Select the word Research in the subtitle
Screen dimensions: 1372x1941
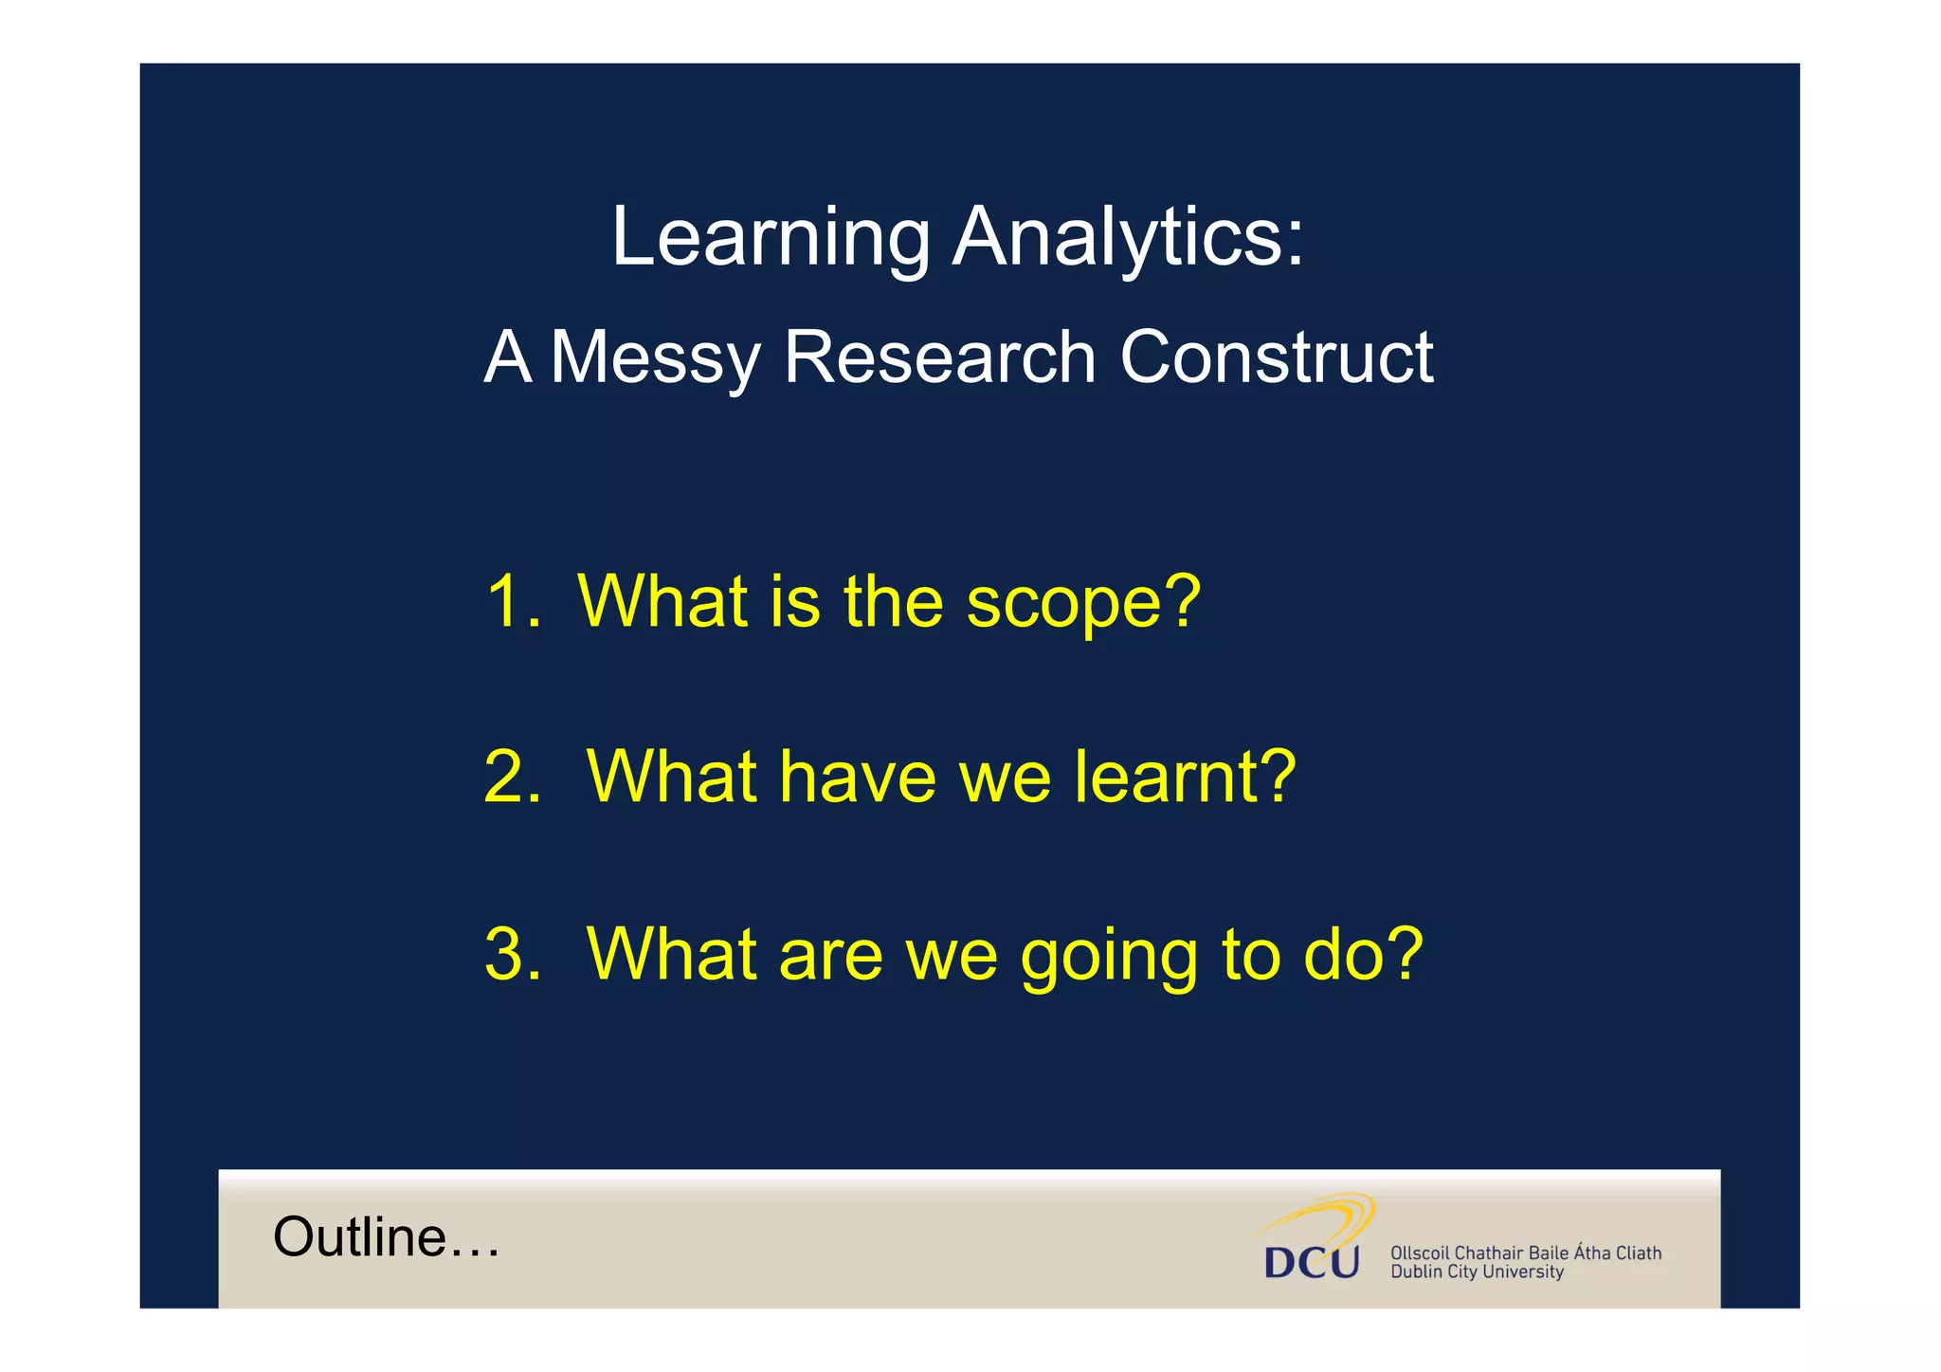tap(939, 357)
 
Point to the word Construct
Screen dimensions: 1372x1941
tap(1276, 357)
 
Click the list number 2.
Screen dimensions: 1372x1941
tap(512, 777)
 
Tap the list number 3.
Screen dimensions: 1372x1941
tap(512, 953)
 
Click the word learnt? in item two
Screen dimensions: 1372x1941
tap(1185, 777)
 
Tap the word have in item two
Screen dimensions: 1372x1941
tap(858, 777)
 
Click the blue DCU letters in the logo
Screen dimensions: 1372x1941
tap(1312, 1262)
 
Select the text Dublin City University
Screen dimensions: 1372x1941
tap(1477, 1272)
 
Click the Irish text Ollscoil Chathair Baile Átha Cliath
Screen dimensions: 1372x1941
tap(1525, 1253)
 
